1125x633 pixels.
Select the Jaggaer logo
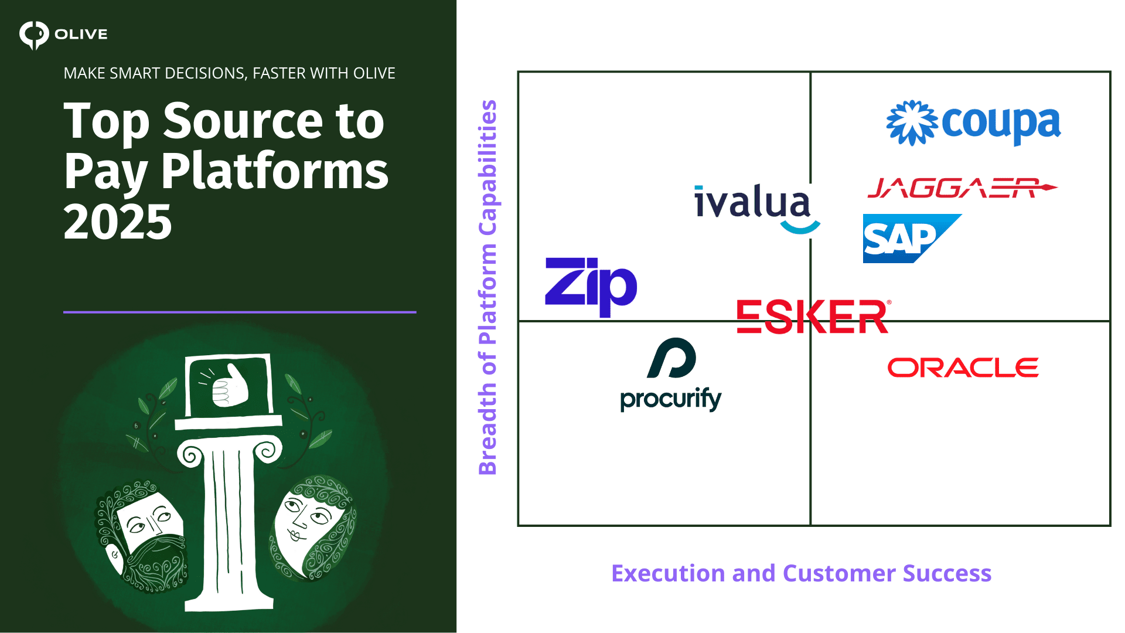[962, 188]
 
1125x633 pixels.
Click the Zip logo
[591, 286]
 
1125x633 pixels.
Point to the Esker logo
[813, 316]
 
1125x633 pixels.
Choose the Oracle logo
[963, 367]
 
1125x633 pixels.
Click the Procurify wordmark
[671, 400]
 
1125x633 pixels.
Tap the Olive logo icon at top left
[33, 35]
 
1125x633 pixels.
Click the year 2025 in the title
[118, 222]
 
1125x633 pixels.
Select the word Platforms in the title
[275, 171]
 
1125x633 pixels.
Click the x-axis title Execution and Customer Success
[801, 573]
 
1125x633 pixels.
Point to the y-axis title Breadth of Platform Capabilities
[487, 287]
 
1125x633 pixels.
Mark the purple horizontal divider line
[240, 312]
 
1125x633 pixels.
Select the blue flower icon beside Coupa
[912, 122]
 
